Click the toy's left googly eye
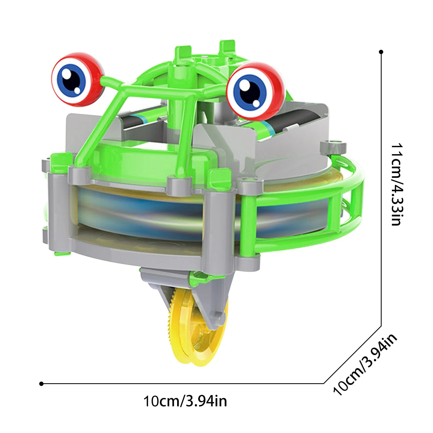click(x=78, y=79)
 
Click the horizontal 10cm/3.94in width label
click(x=185, y=401)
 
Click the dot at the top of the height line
click(x=381, y=52)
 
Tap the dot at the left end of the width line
click(x=41, y=384)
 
